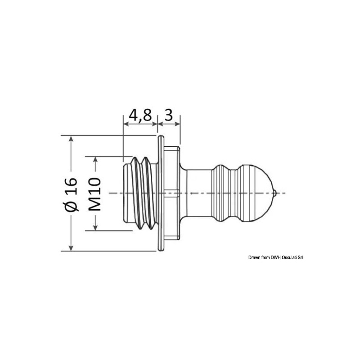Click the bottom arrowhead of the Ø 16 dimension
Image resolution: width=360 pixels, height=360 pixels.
click(x=71, y=247)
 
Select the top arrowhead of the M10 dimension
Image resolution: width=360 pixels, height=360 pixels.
click(x=94, y=160)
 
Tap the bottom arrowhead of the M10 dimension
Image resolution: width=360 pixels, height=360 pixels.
click(x=94, y=227)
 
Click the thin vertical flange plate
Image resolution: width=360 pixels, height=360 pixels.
click(x=160, y=193)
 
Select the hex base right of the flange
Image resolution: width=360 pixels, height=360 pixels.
click(x=172, y=193)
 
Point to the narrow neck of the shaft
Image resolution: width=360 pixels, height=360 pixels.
click(x=198, y=193)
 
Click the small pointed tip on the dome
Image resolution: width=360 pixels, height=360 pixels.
click(x=275, y=193)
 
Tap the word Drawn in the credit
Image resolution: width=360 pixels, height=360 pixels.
click(x=254, y=257)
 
